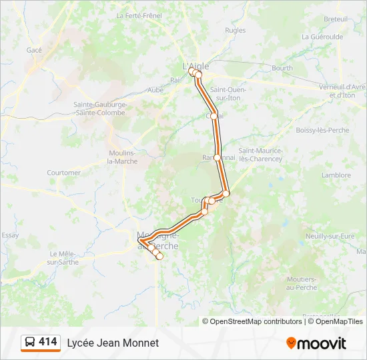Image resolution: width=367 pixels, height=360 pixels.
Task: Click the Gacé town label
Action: [x=34, y=50]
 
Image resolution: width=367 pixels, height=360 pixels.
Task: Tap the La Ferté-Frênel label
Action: [x=139, y=15]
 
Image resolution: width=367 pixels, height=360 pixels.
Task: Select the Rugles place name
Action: [x=235, y=30]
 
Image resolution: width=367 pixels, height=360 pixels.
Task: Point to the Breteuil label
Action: [x=336, y=19]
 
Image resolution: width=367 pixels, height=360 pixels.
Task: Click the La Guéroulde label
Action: [x=322, y=37]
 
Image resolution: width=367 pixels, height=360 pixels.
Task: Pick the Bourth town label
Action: [x=282, y=68]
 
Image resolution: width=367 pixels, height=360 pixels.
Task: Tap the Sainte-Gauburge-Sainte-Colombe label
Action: [x=99, y=108]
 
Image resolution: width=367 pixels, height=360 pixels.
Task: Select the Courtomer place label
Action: [x=64, y=173]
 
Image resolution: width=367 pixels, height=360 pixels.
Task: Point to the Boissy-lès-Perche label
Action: [x=322, y=130]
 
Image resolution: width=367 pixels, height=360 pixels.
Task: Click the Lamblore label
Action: [x=336, y=175]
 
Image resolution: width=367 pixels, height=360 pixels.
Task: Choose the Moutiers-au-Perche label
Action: [x=300, y=283]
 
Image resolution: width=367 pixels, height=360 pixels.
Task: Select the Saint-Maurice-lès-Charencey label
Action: [x=261, y=155]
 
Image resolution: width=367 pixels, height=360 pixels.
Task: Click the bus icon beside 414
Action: [x=31, y=343]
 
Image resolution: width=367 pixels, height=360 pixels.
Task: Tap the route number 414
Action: [x=47, y=342]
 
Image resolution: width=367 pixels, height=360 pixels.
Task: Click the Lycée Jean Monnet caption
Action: [x=113, y=343]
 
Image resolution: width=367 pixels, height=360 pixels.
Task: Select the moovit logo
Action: [x=316, y=343]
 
